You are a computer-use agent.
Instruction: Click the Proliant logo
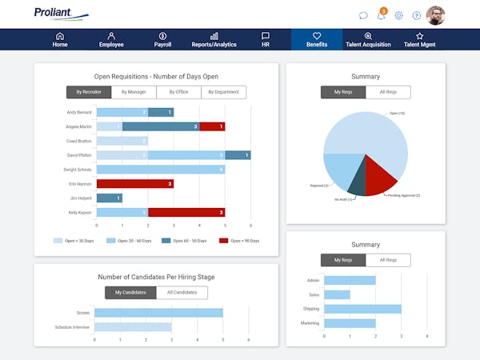61,14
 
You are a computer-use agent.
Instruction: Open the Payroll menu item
162,40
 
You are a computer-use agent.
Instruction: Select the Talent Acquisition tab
368,40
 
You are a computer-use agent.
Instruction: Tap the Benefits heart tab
317,40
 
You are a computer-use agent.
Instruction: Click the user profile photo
436,15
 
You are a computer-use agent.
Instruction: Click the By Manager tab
134,92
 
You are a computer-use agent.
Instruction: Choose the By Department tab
223,92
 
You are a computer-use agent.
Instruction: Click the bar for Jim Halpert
108,198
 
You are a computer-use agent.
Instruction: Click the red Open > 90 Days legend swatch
225,240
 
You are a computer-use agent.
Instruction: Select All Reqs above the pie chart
388,92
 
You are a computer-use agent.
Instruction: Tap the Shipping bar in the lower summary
362,309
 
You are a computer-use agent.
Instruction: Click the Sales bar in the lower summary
337,294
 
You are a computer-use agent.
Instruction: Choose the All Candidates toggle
182,293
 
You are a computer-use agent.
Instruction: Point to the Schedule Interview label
73,327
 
